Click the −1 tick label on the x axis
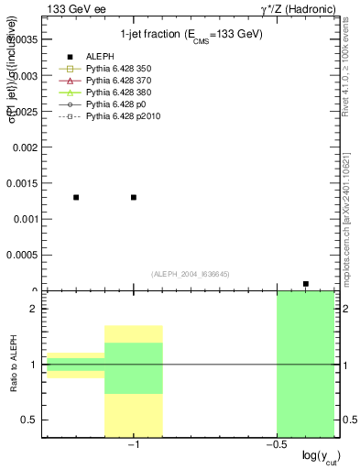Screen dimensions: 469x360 133,446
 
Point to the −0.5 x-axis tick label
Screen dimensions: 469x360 275,446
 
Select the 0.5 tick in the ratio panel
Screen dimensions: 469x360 28,420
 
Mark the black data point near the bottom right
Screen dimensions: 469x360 306,284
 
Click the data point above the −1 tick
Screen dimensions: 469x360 134,197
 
